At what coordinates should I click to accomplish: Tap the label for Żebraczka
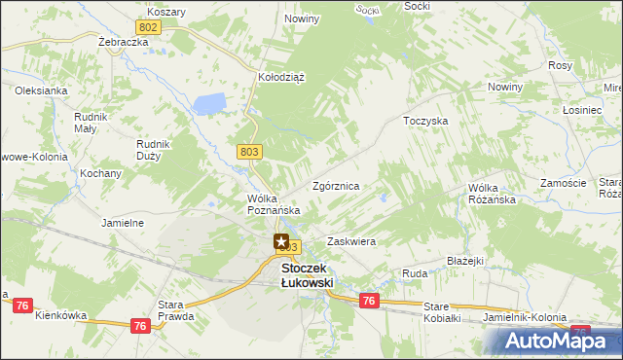coord(123,44)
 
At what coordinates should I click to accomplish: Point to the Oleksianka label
coord(40,90)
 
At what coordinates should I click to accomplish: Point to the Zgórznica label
coord(337,185)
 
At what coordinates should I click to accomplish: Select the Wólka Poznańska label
coord(272,203)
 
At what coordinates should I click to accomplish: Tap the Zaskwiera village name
coord(351,240)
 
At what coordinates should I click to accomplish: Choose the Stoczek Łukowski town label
coord(307,275)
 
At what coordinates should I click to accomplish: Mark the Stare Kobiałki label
coord(449,312)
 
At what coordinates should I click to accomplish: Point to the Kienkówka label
coord(60,315)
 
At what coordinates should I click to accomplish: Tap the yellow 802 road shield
coord(148,29)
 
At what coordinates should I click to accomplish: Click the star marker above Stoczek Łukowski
coord(281,241)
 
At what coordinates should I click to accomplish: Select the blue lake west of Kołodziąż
coord(209,102)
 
